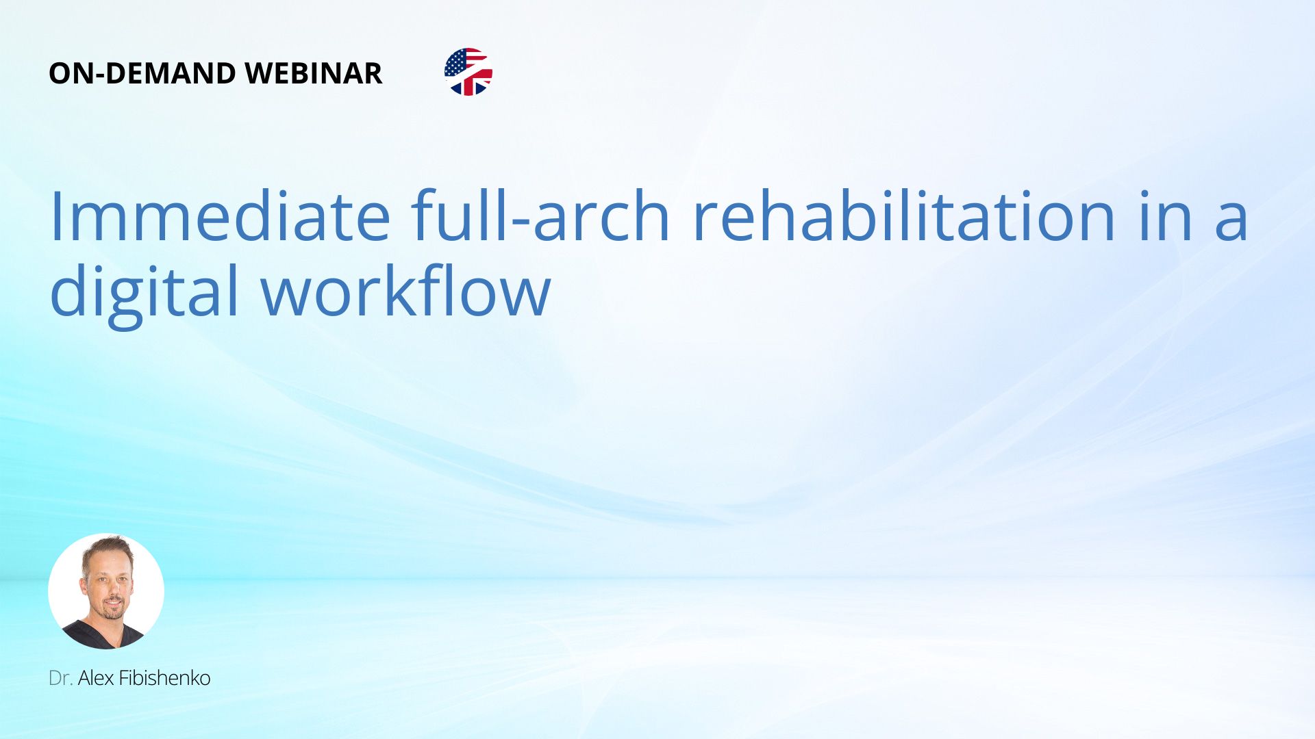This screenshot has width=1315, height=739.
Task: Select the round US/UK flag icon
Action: tap(468, 72)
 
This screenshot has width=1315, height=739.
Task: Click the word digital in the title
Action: tap(145, 290)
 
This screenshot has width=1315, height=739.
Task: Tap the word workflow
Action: tap(406, 290)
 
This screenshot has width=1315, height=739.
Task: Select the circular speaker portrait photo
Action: tap(106, 591)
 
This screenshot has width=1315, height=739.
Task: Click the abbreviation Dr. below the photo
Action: tap(60, 678)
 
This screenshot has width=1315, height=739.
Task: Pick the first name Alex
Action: tap(96, 678)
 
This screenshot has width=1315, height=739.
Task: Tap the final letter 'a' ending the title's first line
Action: tap(1231, 222)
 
